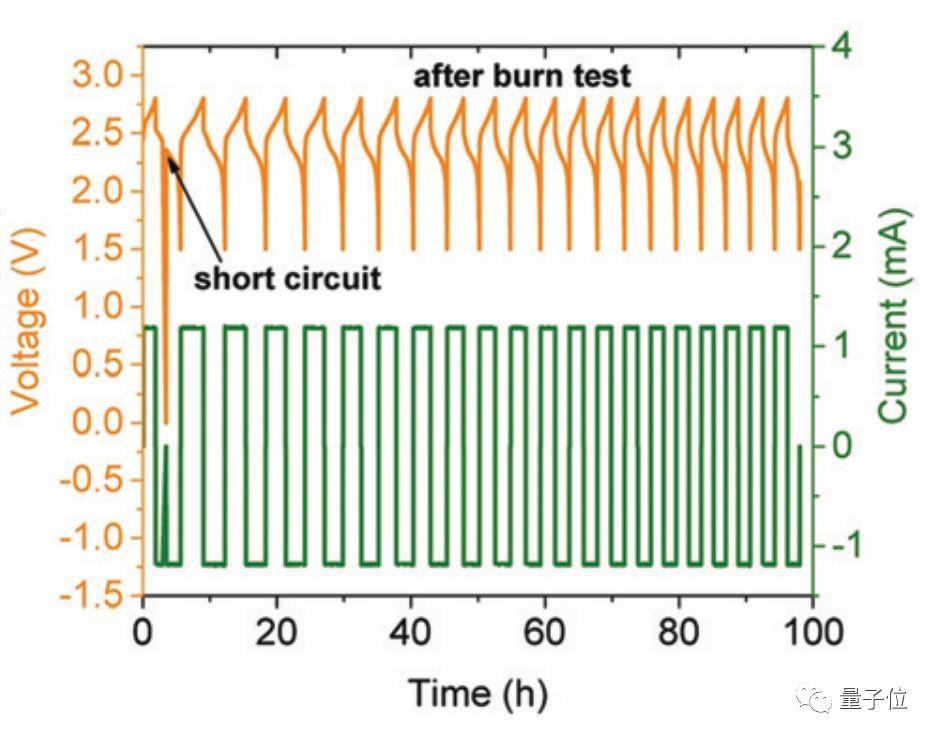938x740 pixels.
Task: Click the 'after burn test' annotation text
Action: [x=523, y=76]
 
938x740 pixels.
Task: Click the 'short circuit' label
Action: [x=288, y=277]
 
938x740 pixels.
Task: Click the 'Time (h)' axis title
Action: [x=478, y=692]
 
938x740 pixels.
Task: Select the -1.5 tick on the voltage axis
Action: [x=92, y=597]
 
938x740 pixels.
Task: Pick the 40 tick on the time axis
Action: [x=411, y=633]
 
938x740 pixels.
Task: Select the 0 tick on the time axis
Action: [x=144, y=633]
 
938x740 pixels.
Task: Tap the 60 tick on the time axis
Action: [x=545, y=633]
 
